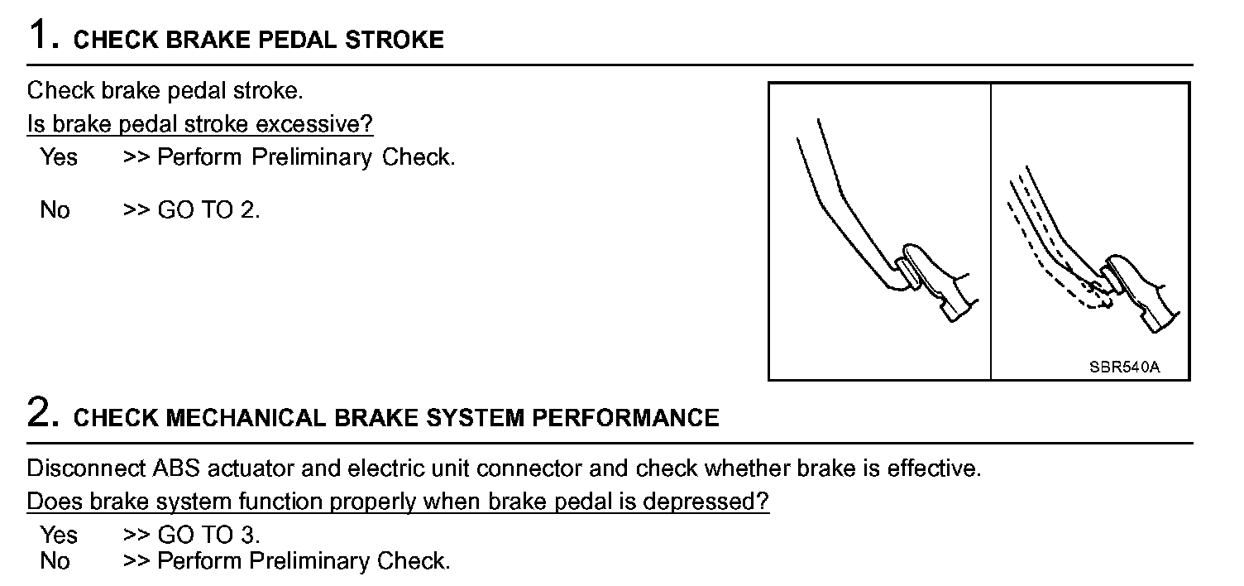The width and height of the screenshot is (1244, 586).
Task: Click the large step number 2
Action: [x=41, y=413]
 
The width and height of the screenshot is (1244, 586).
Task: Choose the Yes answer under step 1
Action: [x=58, y=156]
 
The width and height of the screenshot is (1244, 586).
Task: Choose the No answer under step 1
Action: [x=55, y=210]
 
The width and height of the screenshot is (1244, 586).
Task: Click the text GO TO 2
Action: [x=208, y=210]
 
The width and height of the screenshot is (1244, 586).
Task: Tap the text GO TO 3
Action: [x=208, y=535]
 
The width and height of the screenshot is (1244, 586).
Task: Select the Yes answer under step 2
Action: [x=58, y=535]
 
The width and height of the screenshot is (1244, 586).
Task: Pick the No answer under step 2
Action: [x=55, y=561]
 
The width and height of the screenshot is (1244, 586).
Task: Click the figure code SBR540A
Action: [x=1124, y=367]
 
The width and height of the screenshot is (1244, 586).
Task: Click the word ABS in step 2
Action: [x=172, y=468]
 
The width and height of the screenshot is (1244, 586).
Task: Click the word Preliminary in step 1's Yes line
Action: [x=312, y=156]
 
